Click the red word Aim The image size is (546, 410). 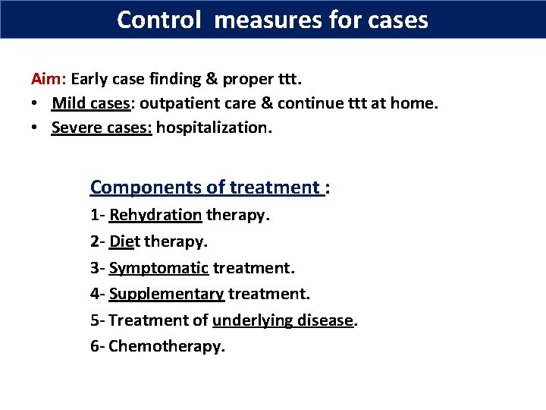[47, 78]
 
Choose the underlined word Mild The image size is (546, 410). [67, 102]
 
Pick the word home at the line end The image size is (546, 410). [413, 102]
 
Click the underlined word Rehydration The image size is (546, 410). [155, 215]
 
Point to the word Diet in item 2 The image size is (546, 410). [123, 241]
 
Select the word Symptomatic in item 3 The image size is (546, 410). [158, 268]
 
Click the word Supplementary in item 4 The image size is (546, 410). [166, 294]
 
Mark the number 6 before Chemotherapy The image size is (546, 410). [95, 347]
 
